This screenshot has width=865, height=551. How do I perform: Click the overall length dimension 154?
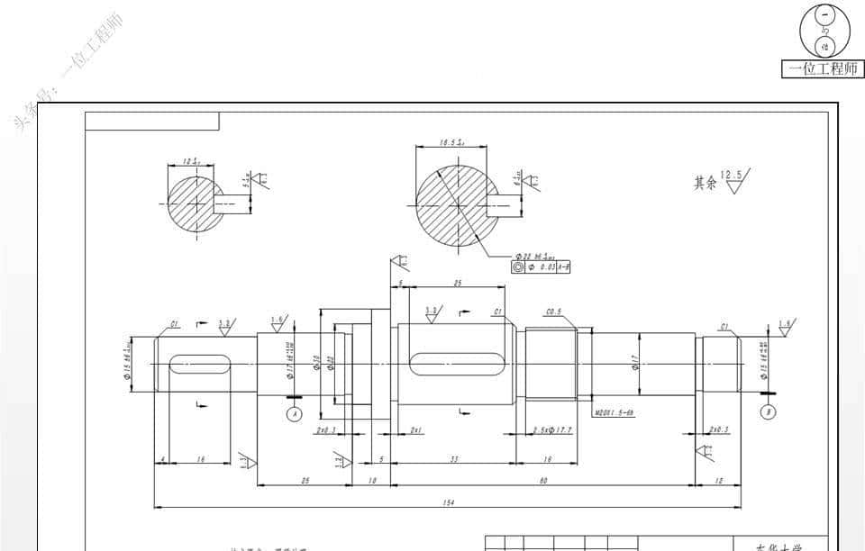(448, 502)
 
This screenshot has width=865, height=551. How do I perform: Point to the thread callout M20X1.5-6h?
(616, 415)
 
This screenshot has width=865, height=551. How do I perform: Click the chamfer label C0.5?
(554, 312)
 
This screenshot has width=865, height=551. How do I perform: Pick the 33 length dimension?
(453, 459)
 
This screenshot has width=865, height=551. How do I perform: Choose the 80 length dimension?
(543, 481)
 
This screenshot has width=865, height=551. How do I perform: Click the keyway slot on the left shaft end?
(198, 364)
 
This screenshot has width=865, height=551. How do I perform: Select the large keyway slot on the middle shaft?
(455, 364)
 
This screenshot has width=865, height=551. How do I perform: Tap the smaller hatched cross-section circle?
(195, 203)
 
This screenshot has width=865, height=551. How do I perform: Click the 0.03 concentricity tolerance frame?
(541, 267)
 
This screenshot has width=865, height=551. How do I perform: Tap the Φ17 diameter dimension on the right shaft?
(635, 364)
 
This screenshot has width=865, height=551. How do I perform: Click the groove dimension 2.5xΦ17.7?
(552, 430)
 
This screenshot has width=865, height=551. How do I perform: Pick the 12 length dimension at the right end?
(717, 481)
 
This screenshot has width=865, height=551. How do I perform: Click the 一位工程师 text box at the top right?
(823, 68)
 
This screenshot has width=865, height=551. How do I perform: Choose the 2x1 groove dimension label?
(416, 430)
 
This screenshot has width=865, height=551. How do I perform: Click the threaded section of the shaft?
(551, 364)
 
